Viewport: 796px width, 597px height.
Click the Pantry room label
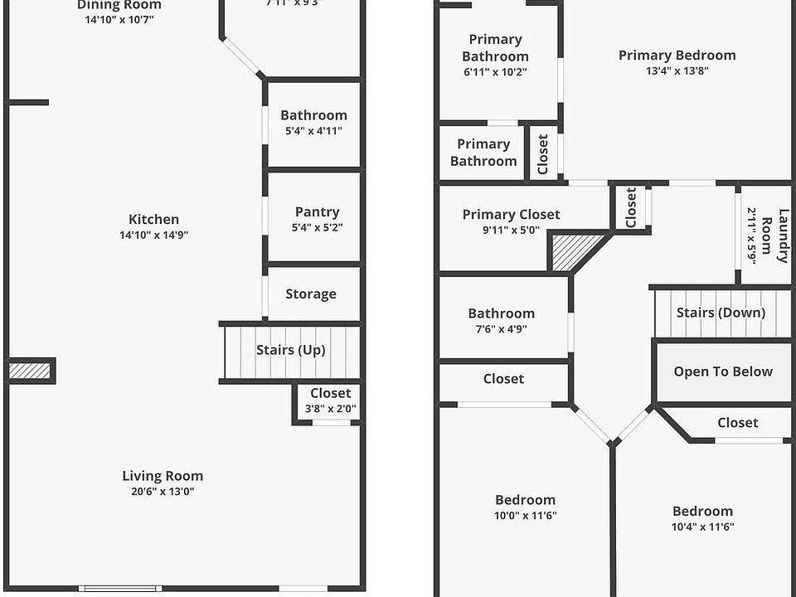(317, 212)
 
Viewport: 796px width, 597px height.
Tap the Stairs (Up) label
(290, 350)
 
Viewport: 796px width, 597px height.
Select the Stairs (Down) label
(721, 313)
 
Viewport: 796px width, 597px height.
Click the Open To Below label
(723, 371)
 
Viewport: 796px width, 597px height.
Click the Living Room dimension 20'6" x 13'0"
(163, 491)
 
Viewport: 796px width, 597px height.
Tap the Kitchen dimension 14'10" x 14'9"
(153, 235)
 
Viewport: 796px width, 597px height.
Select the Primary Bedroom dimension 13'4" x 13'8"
(677, 70)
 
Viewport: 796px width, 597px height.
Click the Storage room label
(311, 294)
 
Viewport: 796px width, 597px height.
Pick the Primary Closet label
(511, 215)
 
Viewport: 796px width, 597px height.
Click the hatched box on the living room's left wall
(30, 371)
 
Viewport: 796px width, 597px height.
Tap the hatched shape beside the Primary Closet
(575, 250)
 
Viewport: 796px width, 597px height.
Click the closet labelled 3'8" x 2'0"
(330, 400)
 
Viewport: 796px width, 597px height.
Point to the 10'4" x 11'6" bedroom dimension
(702, 527)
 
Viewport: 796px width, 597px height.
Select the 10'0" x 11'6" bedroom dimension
(525, 515)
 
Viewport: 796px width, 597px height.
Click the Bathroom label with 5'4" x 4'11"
(313, 115)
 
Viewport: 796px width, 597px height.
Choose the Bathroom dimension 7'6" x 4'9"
(501, 328)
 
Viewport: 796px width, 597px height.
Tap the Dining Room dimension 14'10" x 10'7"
(119, 19)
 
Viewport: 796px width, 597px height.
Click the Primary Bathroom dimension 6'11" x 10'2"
(495, 71)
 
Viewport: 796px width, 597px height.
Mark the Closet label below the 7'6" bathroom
(503, 379)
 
